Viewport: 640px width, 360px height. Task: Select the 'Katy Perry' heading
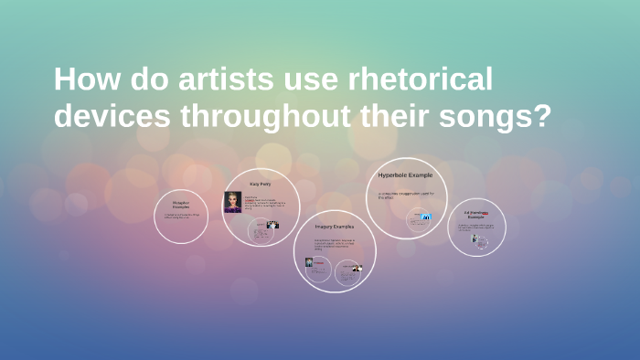click(x=261, y=184)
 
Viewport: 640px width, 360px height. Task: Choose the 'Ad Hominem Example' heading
click(x=476, y=214)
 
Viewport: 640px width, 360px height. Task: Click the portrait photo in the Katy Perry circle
click(x=232, y=202)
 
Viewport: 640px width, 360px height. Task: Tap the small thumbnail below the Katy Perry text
click(x=272, y=225)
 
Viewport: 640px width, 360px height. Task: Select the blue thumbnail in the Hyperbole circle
click(x=426, y=217)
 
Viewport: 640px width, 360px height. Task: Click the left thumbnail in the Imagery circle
click(x=311, y=261)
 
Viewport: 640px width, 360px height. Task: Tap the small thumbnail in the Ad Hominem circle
click(x=475, y=238)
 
